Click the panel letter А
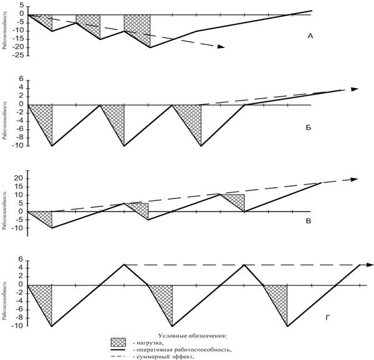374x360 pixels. point(310,36)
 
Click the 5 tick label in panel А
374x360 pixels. point(21,6)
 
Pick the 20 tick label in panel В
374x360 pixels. point(18,178)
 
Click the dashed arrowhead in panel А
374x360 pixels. point(220,47)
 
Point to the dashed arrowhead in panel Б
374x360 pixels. point(355,89)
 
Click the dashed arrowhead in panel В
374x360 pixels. point(354,180)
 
